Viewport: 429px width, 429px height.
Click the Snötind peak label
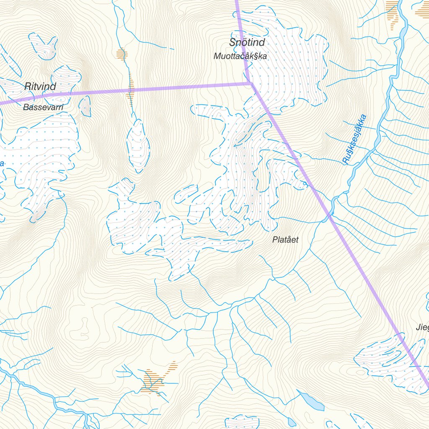(247, 42)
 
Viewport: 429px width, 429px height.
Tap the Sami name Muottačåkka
(240, 56)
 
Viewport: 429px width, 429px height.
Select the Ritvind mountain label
(40, 87)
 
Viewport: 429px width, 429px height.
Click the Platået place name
(285, 240)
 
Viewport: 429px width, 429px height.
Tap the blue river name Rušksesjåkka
(354, 139)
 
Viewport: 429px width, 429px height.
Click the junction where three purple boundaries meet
(251, 83)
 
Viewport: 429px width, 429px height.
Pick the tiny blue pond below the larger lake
(291, 422)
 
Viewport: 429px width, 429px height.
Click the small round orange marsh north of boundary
(121, 54)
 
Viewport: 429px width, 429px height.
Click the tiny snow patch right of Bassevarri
(85, 106)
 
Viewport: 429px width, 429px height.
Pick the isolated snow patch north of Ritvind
(43, 45)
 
